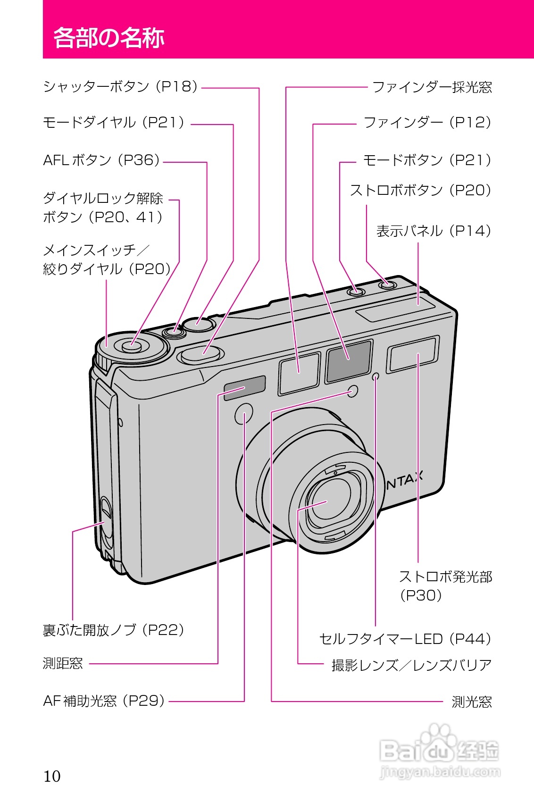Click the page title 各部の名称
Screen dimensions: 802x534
pyautogui.click(x=108, y=38)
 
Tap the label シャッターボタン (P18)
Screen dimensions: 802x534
pyautogui.click(x=120, y=87)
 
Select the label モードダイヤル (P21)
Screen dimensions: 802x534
pyautogui.click(x=114, y=123)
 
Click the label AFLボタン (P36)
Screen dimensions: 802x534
pyautogui.click(x=101, y=160)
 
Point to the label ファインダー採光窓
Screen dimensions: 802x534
pyautogui.click(x=432, y=87)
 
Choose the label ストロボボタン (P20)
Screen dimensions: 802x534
pyautogui.click(x=420, y=191)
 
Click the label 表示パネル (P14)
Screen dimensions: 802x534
pyautogui.click(x=434, y=231)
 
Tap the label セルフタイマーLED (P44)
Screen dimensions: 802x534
pyautogui.click(x=405, y=639)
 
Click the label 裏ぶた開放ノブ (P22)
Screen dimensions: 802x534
pyautogui.click(x=113, y=630)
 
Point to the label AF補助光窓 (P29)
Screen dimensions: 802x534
pyautogui.click(x=104, y=701)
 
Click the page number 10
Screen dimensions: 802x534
pyautogui.click(x=52, y=776)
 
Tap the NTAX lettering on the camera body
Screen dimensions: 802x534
pyautogui.click(x=404, y=480)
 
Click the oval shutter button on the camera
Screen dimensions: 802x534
pyautogui.click(x=202, y=354)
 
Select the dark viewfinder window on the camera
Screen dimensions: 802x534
pyautogui.click(x=349, y=361)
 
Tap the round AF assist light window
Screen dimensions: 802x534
pyautogui.click(x=243, y=414)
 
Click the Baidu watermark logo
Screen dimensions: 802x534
pyautogui.click(x=439, y=750)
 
